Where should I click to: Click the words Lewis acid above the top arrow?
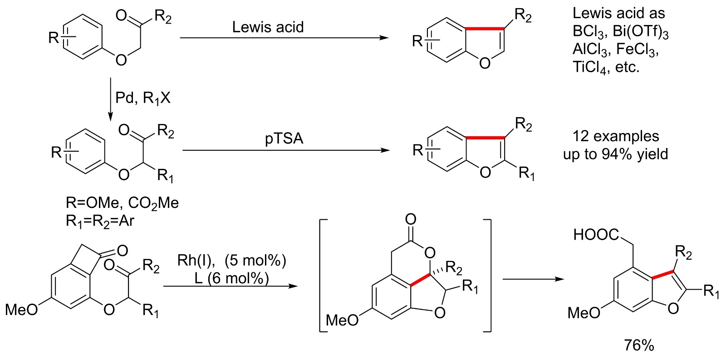[268, 27]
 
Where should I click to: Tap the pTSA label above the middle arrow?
[284, 138]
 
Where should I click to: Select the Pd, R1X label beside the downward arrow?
[143, 98]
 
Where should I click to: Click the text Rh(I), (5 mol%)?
[231, 261]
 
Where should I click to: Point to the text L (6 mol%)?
[231, 278]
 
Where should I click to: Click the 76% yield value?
[639, 345]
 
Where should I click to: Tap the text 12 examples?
[616, 136]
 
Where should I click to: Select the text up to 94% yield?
[616, 154]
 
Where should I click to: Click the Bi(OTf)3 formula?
[641, 31]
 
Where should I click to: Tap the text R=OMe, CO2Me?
[123, 203]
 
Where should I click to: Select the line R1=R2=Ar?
[100, 221]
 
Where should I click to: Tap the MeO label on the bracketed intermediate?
[342, 320]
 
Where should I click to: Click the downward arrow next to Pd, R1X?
[110, 100]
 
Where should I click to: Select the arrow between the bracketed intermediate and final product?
[533, 279]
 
